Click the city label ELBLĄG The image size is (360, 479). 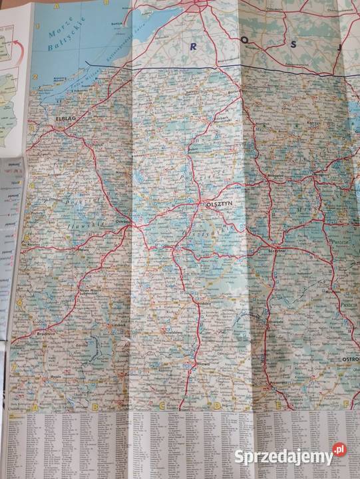[x=64, y=120]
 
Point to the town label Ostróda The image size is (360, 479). [x=124, y=222]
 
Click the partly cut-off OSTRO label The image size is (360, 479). [x=350, y=359]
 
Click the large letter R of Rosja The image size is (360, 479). [x=193, y=46]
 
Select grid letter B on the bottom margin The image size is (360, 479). [x=94, y=406]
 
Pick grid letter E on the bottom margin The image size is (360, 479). [x=277, y=404]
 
